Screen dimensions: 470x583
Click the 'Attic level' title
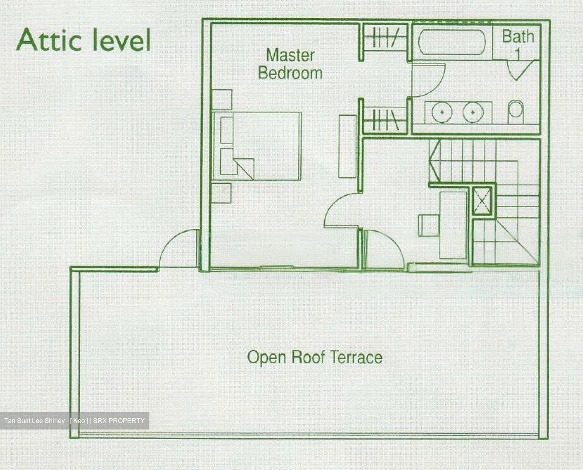pos(83,40)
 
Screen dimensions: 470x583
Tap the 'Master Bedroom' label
pos(290,64)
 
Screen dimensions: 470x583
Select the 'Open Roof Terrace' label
pos(315,357)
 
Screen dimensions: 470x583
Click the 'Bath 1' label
pos(517,42)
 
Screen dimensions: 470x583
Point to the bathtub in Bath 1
pos(451,42)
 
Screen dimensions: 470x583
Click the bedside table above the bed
pos(222,100)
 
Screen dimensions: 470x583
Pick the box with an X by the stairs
pos(482,200)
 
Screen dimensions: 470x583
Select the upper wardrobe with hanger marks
pos(384,38)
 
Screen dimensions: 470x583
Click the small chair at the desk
pos(428,225)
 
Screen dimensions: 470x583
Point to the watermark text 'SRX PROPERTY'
pos(119,421)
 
